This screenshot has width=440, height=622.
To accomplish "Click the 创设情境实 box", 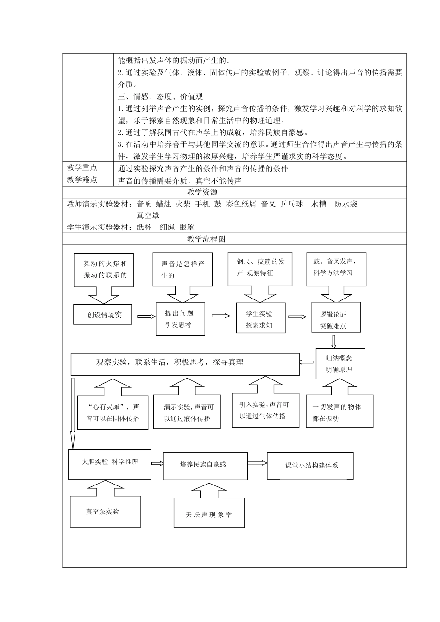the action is [x=103, y=315].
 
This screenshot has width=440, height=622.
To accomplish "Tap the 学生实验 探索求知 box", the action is [x=260, y=319].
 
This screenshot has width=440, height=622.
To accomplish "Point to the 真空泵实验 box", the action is [x=105, y=511].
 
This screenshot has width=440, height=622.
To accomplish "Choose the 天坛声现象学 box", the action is [x=209, y=513].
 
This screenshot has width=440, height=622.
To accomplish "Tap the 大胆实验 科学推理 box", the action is [x=109, y=465].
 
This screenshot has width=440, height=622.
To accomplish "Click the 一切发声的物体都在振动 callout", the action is [x=339, y=412].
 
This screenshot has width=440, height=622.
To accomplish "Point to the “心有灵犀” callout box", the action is [x=113, y=412].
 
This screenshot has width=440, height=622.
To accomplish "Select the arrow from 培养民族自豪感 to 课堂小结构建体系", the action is [x=257, y=463].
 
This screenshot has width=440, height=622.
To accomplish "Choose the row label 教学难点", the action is [x=82, y=180].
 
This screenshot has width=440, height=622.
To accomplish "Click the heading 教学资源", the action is [x=202, y=192].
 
